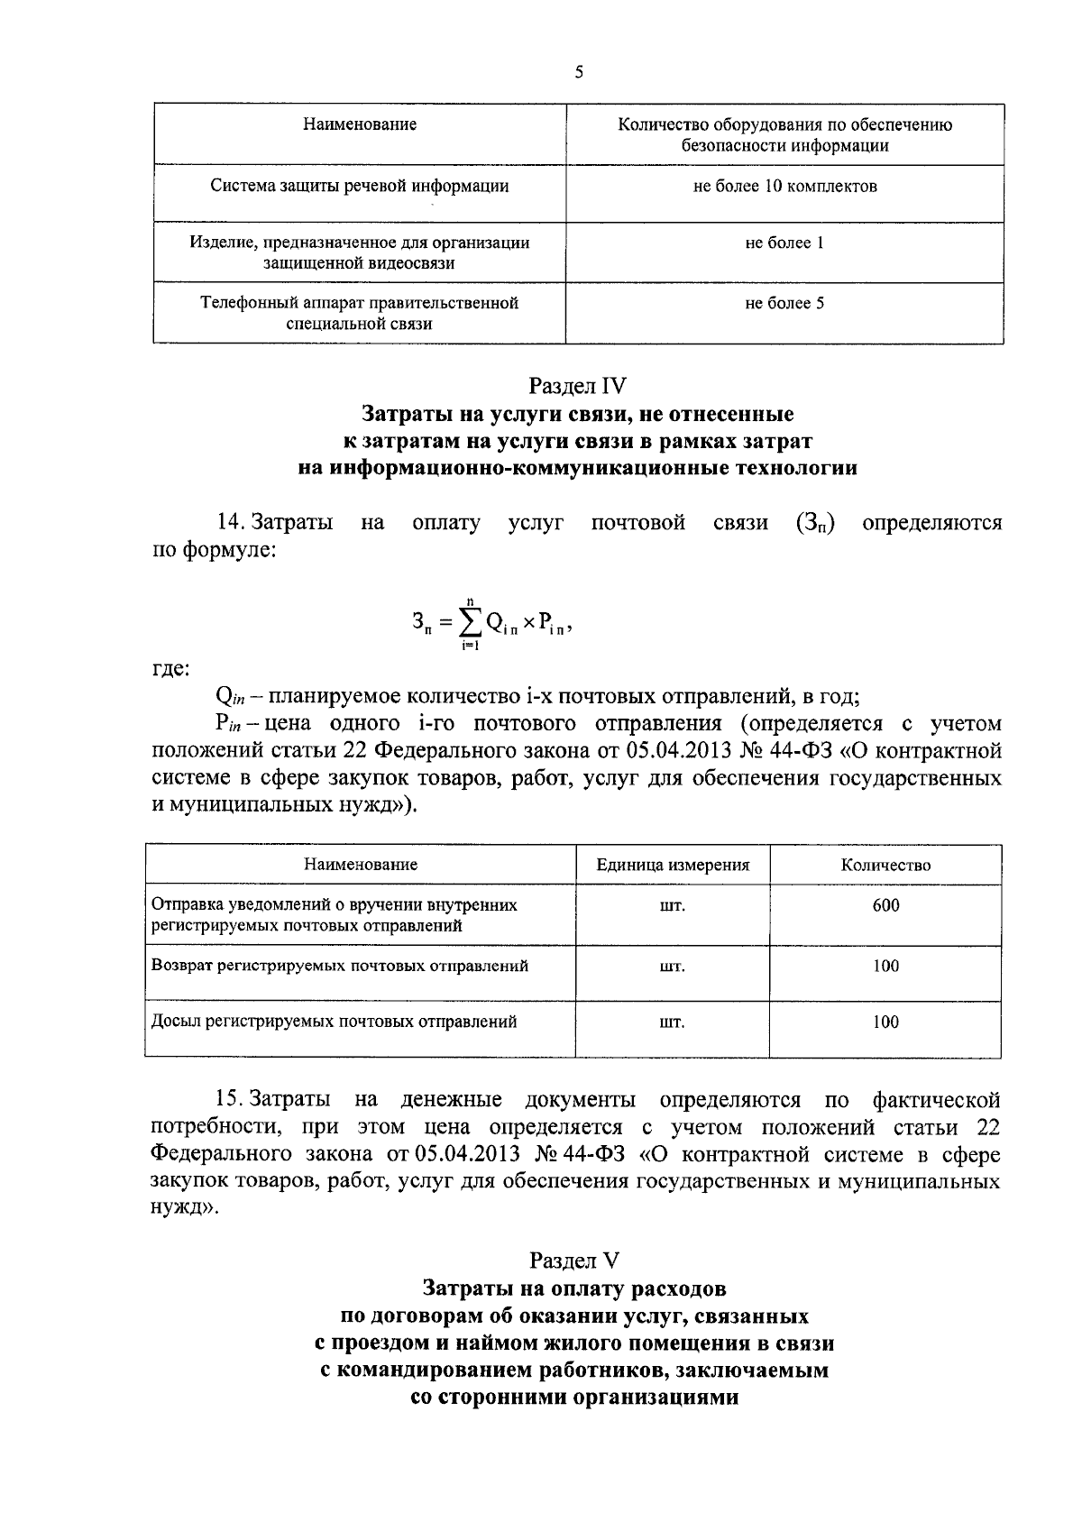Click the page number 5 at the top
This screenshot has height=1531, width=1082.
pos(578,73)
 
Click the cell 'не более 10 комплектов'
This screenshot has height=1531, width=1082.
pos(784,187)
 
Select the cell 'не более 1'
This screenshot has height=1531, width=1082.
pos(784,243)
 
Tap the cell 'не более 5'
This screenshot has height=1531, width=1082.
pos(784,304)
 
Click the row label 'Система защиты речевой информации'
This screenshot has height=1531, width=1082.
pos(359,187)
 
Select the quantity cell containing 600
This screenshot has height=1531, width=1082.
pos(885,906)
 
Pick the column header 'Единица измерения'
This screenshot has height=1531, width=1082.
pos(673,866)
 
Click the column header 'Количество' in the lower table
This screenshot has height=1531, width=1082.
pos(885,866)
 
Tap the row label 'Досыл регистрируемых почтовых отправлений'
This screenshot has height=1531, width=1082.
pos(335,1022)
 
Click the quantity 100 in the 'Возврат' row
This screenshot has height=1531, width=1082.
pos(885,967)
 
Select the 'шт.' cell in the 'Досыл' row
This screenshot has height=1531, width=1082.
pos(673,1023)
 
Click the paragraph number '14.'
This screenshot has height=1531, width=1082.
pos(231,523)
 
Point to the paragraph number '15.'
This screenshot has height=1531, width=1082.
pos(229,1100)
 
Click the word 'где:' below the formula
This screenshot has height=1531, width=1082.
pos(170,669)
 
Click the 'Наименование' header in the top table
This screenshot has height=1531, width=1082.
pos(359,124)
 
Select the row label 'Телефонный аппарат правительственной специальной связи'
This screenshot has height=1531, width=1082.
pos(359,314)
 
